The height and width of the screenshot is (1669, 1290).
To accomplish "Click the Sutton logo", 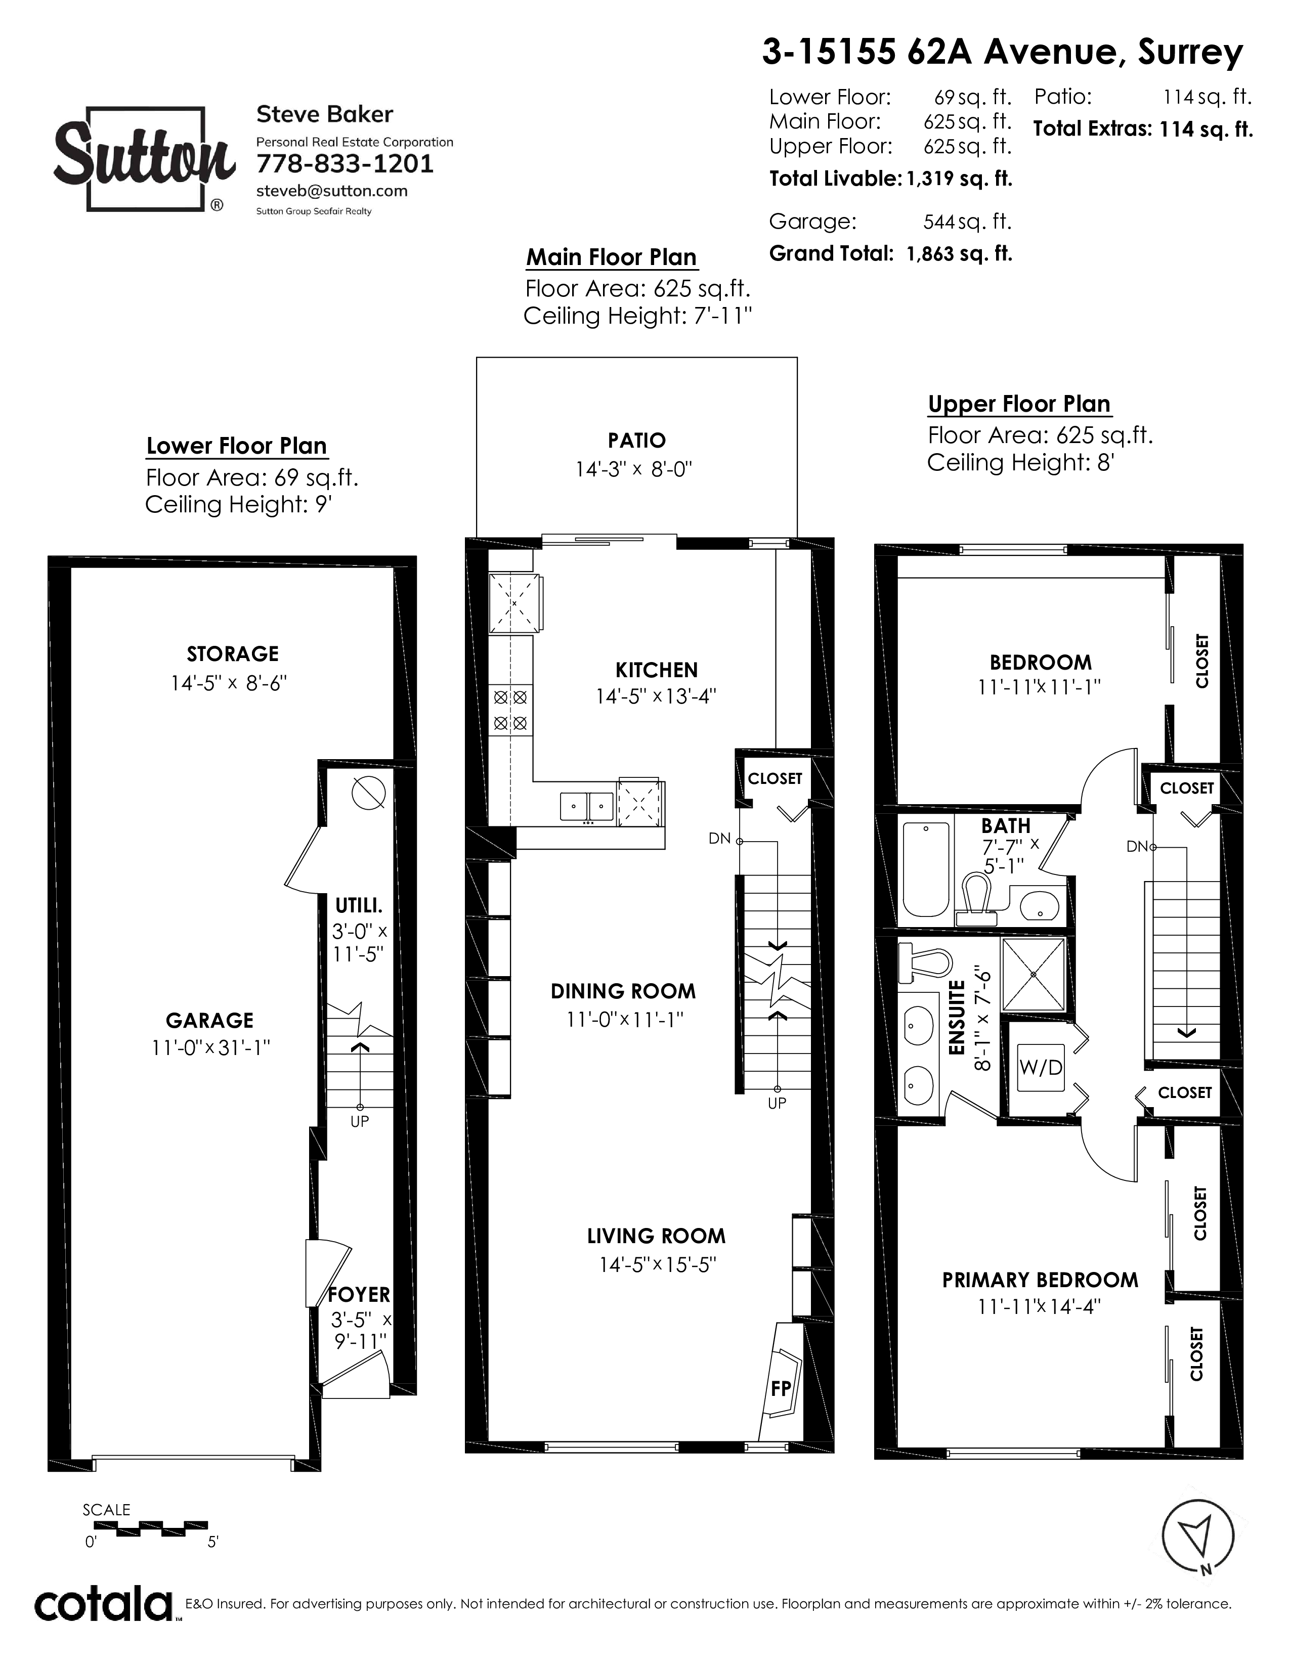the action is pos(143,159).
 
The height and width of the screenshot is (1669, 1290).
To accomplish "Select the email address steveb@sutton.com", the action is pos(332,191).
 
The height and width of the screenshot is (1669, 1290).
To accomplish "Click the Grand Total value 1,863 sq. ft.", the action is pos(959,254).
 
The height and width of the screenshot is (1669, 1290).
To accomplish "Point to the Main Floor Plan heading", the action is pos(612,257).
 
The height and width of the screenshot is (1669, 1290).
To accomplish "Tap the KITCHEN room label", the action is pos(657,670).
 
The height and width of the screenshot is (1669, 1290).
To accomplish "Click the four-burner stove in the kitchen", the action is pos(510,710).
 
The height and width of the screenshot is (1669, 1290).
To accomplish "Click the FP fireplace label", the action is pos(780,1388).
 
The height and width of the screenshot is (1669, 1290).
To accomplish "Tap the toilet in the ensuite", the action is pos(924,963).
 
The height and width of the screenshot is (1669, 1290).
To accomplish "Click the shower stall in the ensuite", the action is pos(1033,975).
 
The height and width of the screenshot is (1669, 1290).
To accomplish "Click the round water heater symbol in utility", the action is pos(368,793).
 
